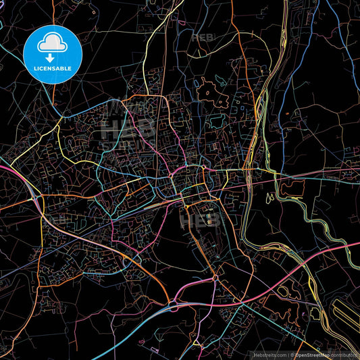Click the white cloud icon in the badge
(x=52, y=44)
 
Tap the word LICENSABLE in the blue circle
(x=53, y=69)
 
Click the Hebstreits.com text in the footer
(x=266, y=354)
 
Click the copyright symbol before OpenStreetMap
(x=292, y=354)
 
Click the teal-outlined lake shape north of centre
(x=216, y=122)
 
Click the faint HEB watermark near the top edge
(x=203, y=37)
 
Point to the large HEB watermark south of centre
(x=196, y=220)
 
